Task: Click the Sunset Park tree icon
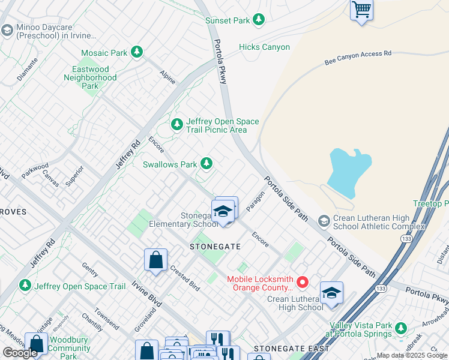coord(259,20)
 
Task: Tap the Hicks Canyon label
coord(264,47)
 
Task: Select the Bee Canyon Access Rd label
coord(358,57)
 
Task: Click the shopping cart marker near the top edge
coord(361,10)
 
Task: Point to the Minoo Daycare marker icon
coord(7,30)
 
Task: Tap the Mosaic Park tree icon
coord(137,53)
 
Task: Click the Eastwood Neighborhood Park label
coord(90,77)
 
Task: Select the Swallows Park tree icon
coord(206,163)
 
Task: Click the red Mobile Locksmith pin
coord(303,281)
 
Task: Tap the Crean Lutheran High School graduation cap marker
coord(331,293)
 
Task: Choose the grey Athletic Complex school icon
coord(324,222)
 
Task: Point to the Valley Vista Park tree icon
coord(401,328)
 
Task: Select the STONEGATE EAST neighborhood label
coord(291,349)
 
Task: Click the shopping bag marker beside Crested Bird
coord(155,260)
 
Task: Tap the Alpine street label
coord(167,76)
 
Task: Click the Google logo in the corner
coord(20,353)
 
